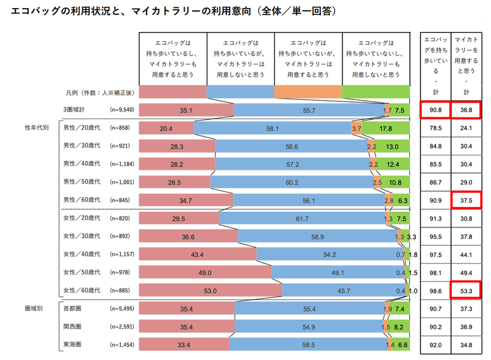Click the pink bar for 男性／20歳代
[166, 128]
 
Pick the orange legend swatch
[307, 92]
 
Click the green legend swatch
[376, 92]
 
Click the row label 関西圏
[73, 326]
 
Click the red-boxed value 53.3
[466, 290]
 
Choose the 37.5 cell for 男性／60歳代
[466, 200]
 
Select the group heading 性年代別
[35, 128]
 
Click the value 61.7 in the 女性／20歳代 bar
[301, 218]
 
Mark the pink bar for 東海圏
[184, 344]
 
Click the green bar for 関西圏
[398, 326]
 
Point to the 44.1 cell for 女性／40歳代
[466, 254]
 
